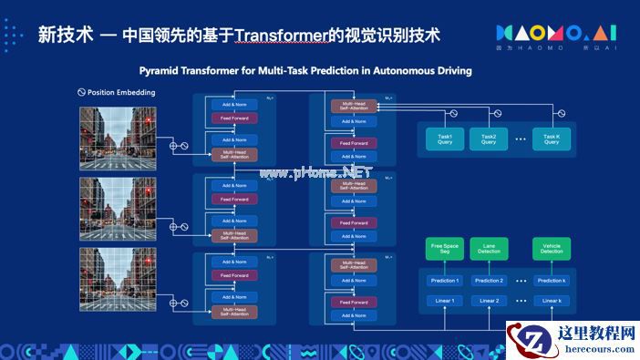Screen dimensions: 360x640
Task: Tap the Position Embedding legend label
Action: [x=121, y=93]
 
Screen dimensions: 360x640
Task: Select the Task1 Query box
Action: [x=444, y=138]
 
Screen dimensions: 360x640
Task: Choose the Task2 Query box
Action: [x=489, y=138]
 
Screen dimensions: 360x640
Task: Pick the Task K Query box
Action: [x=551, y=138]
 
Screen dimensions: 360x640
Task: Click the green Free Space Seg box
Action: [x=444, y=249]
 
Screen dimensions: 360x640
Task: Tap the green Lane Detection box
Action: [x=489, y=249]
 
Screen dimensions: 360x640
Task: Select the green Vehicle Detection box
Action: [x=551, y=249]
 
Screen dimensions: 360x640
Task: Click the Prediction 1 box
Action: [x=444, y=281]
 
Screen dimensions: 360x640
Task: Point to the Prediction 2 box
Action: [x=489, y=281]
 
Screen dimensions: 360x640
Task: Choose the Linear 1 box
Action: [x=444, y=301]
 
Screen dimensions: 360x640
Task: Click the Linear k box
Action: [x=551, y=301]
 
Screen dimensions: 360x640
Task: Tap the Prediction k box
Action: [x=551, y=281]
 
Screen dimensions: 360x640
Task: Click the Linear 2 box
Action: [x=489, y=301]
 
